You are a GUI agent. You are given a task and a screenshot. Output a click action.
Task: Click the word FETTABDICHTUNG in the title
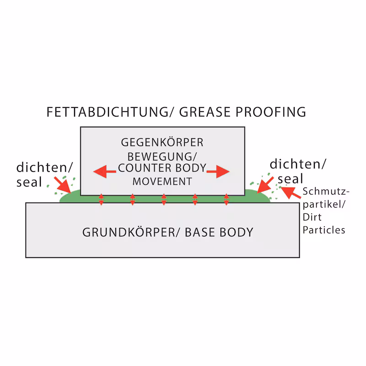108,112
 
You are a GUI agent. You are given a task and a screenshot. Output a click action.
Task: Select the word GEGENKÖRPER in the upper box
162,142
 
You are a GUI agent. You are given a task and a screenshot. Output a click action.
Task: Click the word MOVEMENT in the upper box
162,181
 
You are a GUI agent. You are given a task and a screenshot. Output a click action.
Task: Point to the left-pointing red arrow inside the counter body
105,172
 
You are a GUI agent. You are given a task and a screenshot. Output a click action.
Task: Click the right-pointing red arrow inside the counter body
218,172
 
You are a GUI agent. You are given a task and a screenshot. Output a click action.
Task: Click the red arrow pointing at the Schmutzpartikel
291,193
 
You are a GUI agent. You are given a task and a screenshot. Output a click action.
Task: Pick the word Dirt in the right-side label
312,217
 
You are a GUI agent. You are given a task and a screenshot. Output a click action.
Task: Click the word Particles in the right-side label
324,230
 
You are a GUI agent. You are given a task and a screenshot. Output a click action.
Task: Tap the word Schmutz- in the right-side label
326,191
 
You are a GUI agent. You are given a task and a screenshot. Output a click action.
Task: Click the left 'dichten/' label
44,167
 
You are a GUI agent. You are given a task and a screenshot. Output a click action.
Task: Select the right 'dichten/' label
298,164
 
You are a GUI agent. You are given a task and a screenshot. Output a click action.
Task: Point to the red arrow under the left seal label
63,185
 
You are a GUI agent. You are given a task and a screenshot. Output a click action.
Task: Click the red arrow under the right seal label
265,185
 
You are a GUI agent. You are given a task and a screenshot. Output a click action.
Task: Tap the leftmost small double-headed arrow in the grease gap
101,199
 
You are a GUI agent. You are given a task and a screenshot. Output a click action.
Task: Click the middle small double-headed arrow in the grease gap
164,199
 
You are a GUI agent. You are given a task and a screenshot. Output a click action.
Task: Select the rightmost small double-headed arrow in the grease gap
226,199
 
